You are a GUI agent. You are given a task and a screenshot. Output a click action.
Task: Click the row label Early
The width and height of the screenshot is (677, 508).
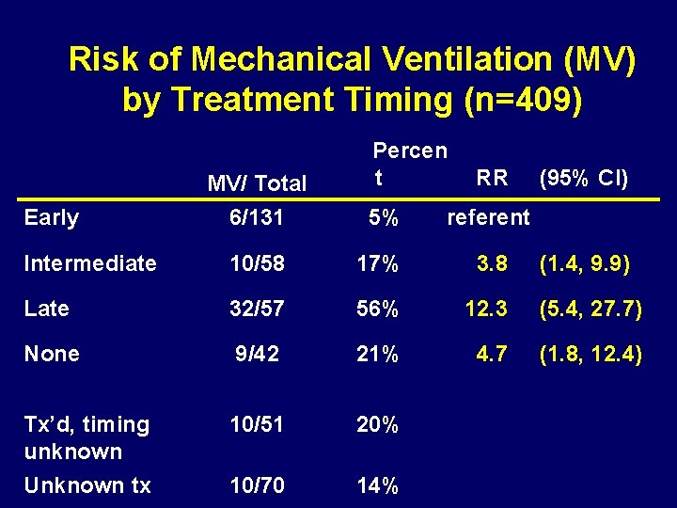coord(52,218)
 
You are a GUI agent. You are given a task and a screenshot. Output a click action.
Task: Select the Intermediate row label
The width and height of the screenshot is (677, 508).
coord(90,263)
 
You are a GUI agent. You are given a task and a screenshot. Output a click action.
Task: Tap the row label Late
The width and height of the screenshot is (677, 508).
coord(47,309)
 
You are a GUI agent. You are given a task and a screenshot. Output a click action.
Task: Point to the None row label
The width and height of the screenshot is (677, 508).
coord(52,354)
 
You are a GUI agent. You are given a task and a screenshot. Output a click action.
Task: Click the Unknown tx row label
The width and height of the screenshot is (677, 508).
coord(87,485)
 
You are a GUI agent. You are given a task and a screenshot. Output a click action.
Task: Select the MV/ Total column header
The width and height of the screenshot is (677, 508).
coord(257,183)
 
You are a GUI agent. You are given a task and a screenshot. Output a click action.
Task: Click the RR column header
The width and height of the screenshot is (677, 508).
coord(492,177)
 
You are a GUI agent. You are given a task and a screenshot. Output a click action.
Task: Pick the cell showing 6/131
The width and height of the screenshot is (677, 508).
coord(257,218)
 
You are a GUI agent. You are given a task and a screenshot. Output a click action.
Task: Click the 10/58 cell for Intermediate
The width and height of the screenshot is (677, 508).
coord(257,263)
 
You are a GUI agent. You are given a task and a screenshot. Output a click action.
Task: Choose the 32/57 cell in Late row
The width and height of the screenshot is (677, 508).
coord(257,309)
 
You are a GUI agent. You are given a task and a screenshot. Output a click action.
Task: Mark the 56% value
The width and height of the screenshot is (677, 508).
coord(378,309)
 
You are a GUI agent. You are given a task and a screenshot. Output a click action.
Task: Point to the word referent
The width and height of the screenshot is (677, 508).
coord(488,218)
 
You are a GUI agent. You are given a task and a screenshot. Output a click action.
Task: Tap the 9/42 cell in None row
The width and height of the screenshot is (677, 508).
coord(257,354)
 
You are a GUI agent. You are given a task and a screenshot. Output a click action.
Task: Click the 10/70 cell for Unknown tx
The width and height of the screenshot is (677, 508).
coord(257,485)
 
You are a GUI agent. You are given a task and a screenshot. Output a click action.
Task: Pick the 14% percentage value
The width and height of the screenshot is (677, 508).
coord(378,485)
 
